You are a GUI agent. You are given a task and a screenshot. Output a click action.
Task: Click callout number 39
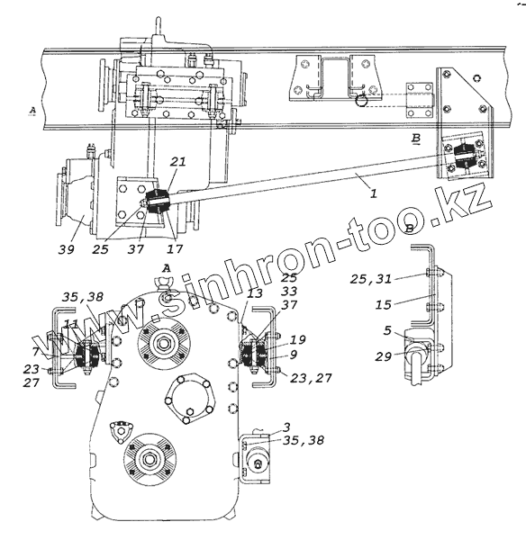(66, 249)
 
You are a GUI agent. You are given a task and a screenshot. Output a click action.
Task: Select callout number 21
(178, 161)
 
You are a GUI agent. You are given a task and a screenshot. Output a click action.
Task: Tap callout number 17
(175, 248)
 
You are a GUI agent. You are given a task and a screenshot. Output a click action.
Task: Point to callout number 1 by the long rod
(374, 193)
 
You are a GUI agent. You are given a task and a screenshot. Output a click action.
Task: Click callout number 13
(254, 293)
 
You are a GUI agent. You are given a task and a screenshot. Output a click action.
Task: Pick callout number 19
(297, 340)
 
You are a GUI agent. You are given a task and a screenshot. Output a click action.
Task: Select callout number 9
(294, 355)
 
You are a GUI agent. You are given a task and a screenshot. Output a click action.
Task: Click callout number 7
(36, 352)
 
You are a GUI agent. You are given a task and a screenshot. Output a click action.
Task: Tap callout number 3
(286, 427)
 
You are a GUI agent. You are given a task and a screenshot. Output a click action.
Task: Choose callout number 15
(384, 304)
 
